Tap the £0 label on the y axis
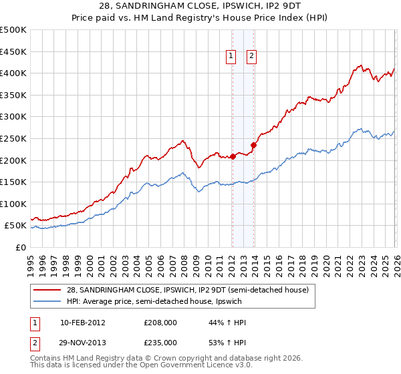(21, 248)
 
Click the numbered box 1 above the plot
(231, 57)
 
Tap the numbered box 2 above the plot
(252, 57)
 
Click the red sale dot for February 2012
(233, 157)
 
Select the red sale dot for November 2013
(254, 145)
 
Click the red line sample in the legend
(47, 290)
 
